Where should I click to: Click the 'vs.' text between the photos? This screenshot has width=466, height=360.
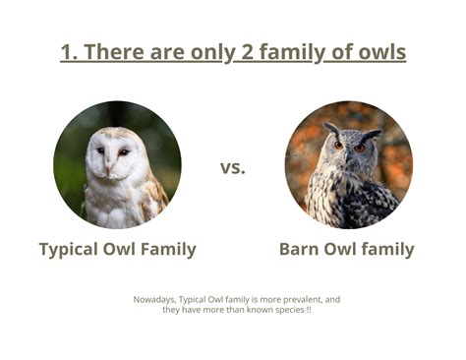[x=233, y=167]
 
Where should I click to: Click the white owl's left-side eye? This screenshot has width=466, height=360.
[x=100, y=150]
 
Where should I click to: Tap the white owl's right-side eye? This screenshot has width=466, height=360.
[x=123, y=151]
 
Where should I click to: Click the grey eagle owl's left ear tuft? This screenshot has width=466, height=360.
[x=330, y=128]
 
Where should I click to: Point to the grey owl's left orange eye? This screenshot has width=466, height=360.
[x=338, y=145]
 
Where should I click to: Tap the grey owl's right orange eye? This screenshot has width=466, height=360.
[x=360, y=148]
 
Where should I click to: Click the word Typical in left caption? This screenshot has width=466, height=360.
[x=72, y=250]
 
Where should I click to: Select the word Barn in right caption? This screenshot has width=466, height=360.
[x=300, y=250]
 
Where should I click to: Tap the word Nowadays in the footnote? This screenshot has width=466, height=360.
[x=154, y=299]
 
